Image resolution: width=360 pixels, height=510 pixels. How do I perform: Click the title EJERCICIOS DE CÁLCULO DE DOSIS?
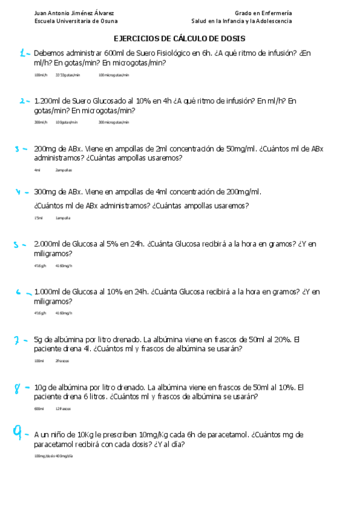coord(180,38)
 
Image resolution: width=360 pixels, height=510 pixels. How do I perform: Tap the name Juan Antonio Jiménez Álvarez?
coord(75,13)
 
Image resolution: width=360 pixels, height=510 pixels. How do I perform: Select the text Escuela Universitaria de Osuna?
coord(76,20)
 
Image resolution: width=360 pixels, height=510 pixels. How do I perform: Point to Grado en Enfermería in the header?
coord(263,13)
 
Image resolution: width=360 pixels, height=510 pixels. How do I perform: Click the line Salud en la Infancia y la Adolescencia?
coord(242,20)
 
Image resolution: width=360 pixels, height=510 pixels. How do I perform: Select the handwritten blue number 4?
coord(19,193)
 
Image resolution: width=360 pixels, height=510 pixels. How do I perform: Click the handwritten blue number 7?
coord(17,341)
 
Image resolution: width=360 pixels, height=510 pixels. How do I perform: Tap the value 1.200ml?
coord(47,101)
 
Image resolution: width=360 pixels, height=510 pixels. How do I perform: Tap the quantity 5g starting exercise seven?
coord(38,339)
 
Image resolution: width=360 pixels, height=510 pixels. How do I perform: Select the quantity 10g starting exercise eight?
coord(40,387)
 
